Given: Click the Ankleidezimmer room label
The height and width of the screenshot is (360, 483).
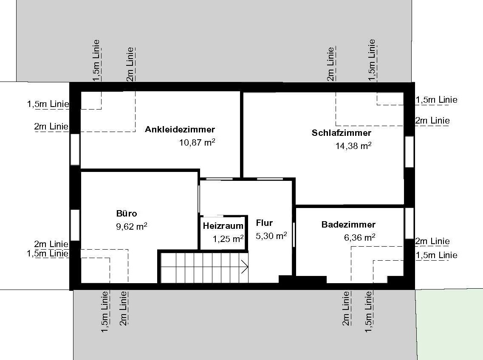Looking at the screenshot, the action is coord(180,129).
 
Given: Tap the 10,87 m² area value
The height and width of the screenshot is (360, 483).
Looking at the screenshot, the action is coord(197,142).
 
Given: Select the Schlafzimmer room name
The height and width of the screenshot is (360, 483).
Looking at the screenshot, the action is coord(341,133).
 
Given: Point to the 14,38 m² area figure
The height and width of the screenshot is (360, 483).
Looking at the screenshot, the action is coord(353,146).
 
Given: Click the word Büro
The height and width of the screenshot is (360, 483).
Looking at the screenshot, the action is coord(127,213).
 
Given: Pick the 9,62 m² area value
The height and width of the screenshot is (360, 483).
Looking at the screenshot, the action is coord(132,226).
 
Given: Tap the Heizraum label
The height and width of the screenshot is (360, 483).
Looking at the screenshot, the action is coord(223,226).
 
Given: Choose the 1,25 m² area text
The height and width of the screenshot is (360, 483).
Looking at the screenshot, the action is coord(228,239).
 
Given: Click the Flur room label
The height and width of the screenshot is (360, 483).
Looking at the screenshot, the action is coord(264,222).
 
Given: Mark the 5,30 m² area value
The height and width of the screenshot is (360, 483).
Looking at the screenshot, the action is coord(271,236).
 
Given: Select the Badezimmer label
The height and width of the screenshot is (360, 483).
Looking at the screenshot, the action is coord(348,225).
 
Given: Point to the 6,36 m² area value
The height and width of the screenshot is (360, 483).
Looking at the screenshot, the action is coord(359,237).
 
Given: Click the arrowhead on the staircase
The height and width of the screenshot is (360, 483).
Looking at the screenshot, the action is coord(245,267).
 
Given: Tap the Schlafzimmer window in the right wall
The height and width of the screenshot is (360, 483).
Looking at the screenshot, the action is coord(409,152).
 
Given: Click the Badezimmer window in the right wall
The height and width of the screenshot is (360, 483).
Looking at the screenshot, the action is coord(409,223).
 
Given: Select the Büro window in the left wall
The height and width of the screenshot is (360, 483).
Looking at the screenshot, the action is coord(75,225).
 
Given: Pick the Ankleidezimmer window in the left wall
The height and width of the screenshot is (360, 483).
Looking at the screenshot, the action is coord(75,149).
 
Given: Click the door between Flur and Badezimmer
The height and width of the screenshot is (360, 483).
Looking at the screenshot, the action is coord(294,234).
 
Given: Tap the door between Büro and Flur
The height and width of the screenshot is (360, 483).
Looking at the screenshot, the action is coord(199,200).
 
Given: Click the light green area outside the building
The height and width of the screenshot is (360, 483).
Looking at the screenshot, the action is coord(449,324).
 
